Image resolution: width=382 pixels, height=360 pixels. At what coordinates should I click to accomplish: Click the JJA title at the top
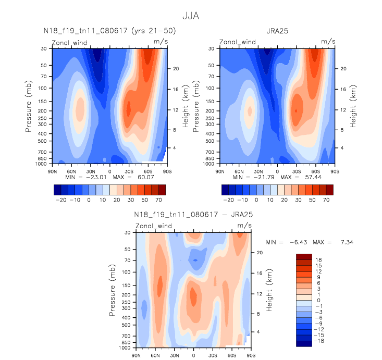[190, 16]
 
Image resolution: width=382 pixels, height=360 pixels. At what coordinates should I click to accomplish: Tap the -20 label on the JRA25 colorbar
[228, 200]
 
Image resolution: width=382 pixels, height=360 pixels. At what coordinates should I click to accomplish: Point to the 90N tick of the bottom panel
[135, 355]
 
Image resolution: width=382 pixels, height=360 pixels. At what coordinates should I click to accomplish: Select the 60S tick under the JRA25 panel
[315, 170]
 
